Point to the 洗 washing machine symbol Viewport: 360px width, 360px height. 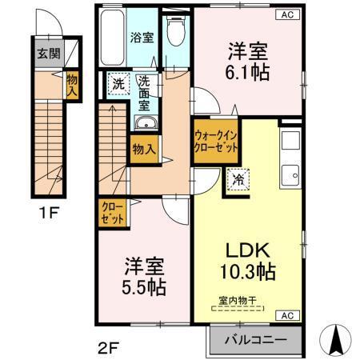(118, 82)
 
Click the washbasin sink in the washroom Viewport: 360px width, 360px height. (146, 122)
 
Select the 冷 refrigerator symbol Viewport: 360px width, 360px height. (238, 180)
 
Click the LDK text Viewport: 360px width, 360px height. (246, 250)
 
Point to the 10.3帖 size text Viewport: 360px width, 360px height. (247, 271)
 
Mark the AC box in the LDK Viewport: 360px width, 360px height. (286, 316)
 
